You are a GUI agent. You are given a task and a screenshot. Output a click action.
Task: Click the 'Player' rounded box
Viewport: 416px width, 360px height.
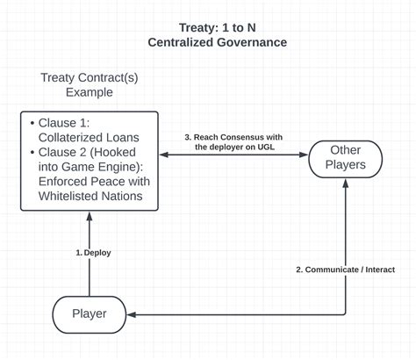[89, 313]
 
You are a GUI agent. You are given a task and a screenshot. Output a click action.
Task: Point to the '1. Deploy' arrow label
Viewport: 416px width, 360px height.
[93, 253]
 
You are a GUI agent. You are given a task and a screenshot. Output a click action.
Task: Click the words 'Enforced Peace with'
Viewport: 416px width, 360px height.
[95, 182]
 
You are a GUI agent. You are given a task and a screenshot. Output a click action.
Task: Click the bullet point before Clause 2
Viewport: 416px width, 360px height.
[32, 152]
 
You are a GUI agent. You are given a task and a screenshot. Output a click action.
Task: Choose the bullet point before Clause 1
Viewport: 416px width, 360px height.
[32, 122]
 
